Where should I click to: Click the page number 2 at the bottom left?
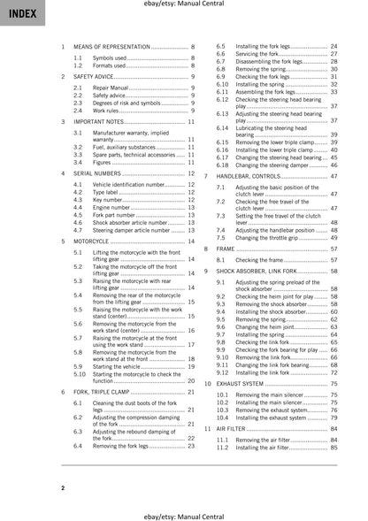point(62,488)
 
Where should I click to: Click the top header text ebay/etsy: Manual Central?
point(184,6)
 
